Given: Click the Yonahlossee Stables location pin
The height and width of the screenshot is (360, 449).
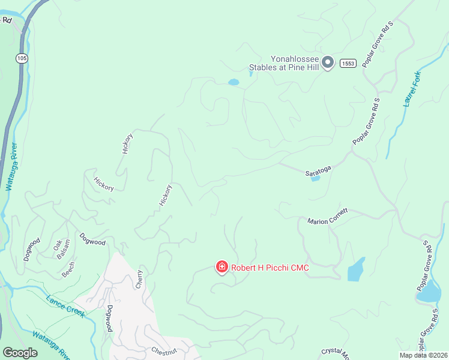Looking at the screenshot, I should click(x=328, y=62).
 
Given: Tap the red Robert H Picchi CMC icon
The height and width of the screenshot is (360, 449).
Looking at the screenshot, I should click(x=221, y=267).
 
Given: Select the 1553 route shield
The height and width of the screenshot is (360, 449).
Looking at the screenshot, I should click(x=348, y=63).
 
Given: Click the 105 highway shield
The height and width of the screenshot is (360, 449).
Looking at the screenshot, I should click(x=22, y=58).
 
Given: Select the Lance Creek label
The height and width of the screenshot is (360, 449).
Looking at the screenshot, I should click(x=65, y=305).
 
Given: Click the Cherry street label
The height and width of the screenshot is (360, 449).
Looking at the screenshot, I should click(x=140, y=278).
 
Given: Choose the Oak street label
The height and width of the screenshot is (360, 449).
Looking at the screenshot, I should click(x=58, y=245).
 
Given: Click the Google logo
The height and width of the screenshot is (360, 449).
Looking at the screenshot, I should click(x=20, y=352).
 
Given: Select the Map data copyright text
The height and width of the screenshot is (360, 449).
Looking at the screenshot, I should click(x=423, y=355).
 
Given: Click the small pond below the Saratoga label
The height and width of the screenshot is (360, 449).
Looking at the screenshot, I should click(x=315, y=179).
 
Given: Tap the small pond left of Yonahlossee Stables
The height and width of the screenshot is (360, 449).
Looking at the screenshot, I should click(x=233, y=82).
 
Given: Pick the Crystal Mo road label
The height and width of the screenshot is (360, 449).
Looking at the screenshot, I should click(x=336, y=352).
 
